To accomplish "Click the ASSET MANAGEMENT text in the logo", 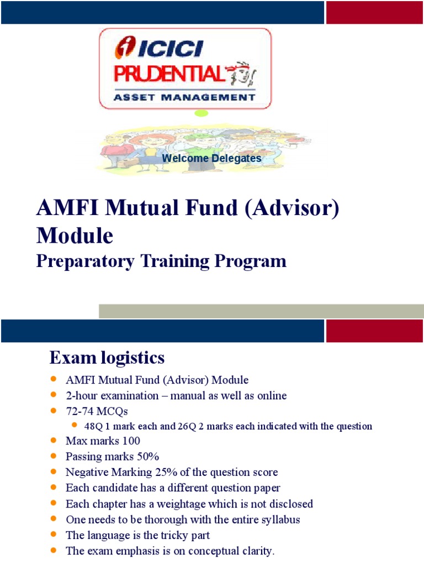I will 184,97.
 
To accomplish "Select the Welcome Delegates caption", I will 211,159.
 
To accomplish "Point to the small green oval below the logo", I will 201,113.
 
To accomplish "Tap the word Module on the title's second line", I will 75,235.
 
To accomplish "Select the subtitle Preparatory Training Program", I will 161,261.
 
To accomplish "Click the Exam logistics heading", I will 107,358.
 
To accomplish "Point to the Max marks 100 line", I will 103,441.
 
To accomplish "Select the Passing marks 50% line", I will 112,457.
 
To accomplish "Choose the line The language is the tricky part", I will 137,535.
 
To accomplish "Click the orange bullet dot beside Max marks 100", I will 54,441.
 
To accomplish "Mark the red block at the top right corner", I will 374,12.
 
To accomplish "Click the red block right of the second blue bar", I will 374,331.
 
